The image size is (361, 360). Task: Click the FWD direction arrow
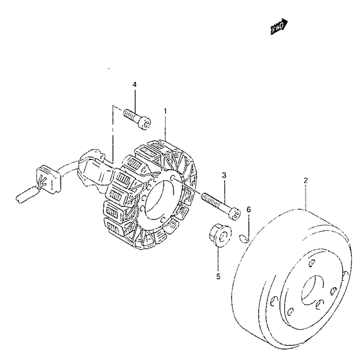click(x=279, y=26)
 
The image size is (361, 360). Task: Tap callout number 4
click(x=135, y=85)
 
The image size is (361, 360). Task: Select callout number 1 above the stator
click(x=165, y=111)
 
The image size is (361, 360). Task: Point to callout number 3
click(x=224, y=175)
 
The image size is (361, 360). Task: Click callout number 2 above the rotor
click(x=306, y=180)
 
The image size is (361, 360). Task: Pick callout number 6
click(x=249, y=210)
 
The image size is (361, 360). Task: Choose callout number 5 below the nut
click(x=219, y=276)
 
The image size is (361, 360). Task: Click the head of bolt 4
click(x=145, y=123)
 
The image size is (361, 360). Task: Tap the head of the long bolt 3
click(x=235, y=214)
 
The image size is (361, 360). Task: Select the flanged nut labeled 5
click(x=220, y=235)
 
